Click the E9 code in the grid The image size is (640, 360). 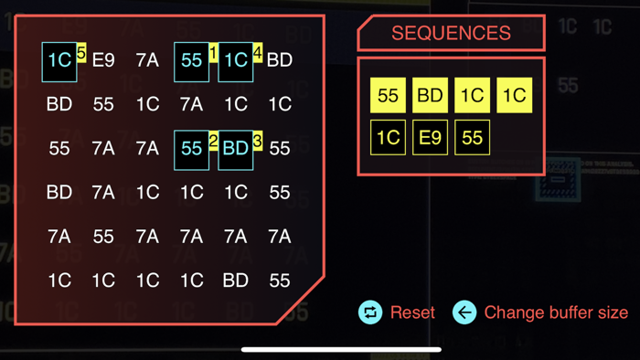click(103, 60)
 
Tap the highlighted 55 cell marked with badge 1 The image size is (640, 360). click(191, 60)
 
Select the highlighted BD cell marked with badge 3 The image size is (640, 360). click(235, 149)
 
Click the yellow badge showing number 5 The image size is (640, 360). click(81, 54)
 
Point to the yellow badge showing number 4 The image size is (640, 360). click(258, 54)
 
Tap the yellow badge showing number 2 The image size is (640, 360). click(213, 142)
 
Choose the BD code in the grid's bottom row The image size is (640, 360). click(235, 281)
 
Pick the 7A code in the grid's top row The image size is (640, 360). click(147, 60)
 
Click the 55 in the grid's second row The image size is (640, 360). click(103, 104)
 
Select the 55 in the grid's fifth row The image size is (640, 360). click(103, 237)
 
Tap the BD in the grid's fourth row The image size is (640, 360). click(59, 193)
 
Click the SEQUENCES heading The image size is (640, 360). click(451, 33)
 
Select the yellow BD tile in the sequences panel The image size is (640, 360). click(430, 95)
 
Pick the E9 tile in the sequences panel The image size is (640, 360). click(430, 138)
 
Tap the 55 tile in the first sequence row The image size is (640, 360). click(388, 95)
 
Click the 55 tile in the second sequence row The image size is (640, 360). click(472, 138)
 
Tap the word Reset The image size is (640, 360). click(412, 312)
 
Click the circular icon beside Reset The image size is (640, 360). click(370, 312)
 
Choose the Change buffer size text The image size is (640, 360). click(556, 312)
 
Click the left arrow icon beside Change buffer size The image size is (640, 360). click(464, 312)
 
